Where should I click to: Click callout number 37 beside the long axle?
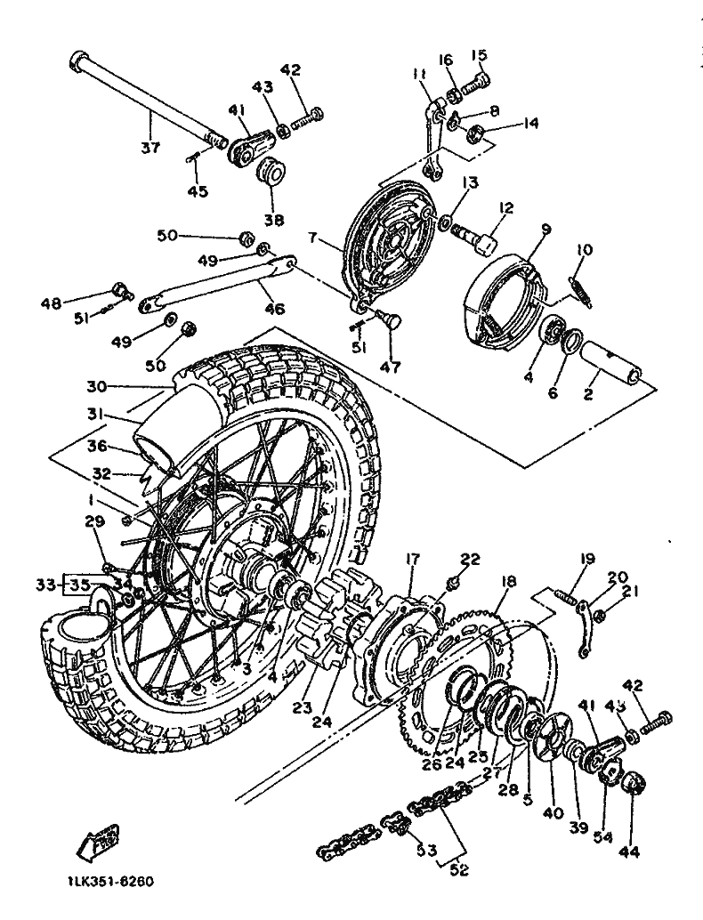coord(150,147)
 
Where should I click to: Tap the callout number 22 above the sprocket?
coord(469,559)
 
